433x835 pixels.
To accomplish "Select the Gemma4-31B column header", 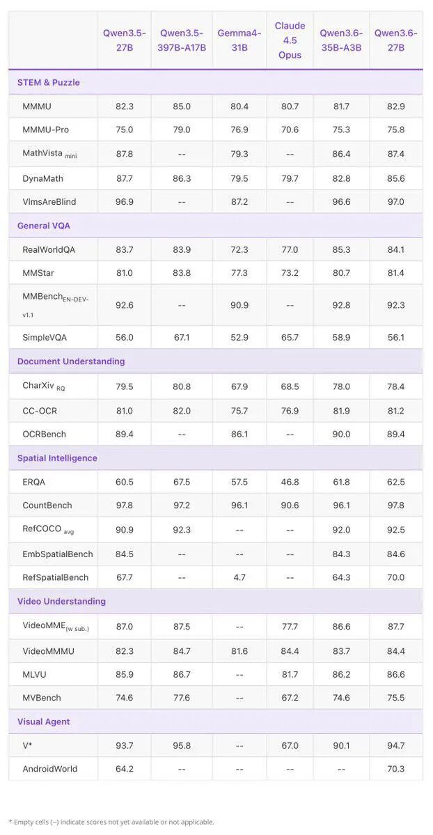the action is pyautogui.click(x=239, y=40).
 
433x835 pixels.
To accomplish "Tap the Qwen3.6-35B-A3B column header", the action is pyautogui.click(x=341, y=40).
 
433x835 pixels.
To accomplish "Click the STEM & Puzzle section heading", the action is pyautogui.click(x=49, y=83).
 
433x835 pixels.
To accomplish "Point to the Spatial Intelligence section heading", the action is pyautogui.click(x=57, y=458).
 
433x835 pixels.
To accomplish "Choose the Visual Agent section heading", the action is pyautogui.click(x=44, y=721).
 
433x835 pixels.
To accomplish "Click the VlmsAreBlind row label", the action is pyautogui.click(x=49, y=201).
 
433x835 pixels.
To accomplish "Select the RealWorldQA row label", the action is pyautogui.click(x=49, y=249).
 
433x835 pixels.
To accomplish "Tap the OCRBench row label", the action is pyautogui.click(x=45, y=434).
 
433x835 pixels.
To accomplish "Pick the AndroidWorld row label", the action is pyautogui.click(x=50, y=768).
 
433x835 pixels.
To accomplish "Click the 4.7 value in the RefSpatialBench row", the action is pyautogui.click(x=239, y=577).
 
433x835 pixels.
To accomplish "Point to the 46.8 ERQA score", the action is pyautogui.click(x=290, y=482).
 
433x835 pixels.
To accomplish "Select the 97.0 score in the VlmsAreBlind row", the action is pyautogui.click(x=396, y=201).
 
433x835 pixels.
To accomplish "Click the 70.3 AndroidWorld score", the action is pyautogui.click(x=396, y=768).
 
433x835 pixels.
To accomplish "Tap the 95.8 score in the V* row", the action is pyautogui.click(x=182, y=745).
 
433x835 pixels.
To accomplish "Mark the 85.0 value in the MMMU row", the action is pyautogui.click(x=182, y=107).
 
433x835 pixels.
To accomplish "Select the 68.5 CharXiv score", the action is pyautogui.click(x=290, y=386).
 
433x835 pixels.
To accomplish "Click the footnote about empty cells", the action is pyautogui.click(x=111, y=822).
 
